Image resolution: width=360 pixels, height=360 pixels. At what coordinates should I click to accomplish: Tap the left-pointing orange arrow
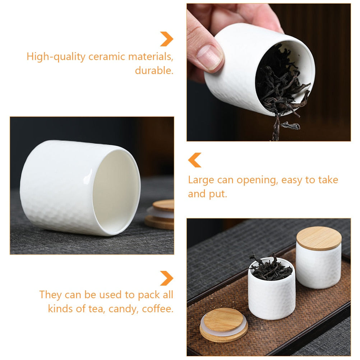pos(194,160)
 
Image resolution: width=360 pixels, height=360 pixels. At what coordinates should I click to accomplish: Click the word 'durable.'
pos(154,70)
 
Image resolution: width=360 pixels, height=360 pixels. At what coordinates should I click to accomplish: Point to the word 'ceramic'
pos(107,57)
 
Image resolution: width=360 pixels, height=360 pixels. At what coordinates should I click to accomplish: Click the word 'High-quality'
pos(56,57)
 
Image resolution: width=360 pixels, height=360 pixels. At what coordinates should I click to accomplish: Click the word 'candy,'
pos(124,309)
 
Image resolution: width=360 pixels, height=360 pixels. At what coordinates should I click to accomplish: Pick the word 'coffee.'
pos(158,309)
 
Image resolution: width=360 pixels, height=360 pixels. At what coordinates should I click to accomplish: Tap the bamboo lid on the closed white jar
pos(319,238)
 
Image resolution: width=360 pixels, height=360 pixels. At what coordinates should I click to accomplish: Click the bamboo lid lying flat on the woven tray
pos(223,327)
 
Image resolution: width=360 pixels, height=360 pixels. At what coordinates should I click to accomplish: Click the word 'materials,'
pos(151,57)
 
